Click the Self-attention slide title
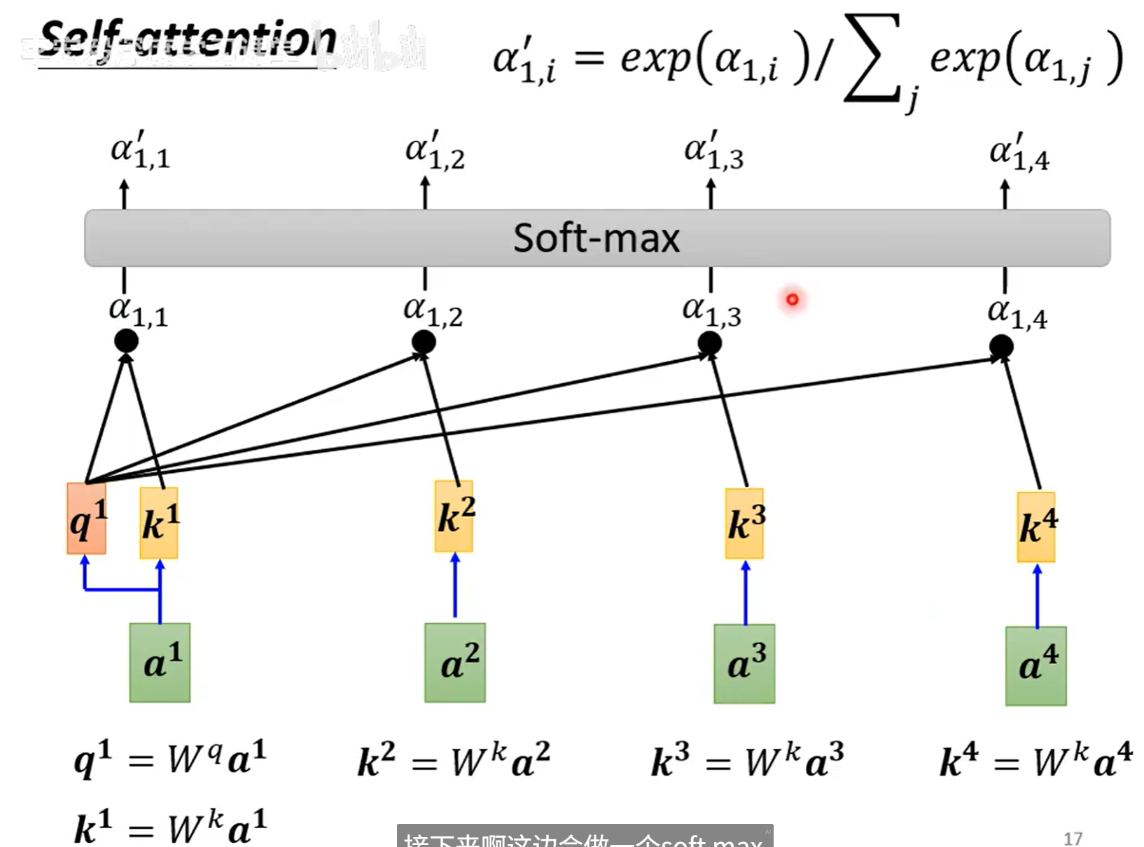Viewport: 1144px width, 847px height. coord(187,41)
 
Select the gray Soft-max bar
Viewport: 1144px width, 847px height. coord(597,237)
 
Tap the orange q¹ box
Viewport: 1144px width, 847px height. coord(87,518)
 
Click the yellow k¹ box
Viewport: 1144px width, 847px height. coord(159,523)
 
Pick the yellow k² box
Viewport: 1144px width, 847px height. coord(454,516)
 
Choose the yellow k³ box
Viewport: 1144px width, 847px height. coord(745,523)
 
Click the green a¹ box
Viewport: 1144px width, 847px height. coord(160,662)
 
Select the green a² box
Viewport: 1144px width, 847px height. coord(455,663)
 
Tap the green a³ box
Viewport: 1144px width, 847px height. coord(745,663)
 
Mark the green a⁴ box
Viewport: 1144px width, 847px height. coord(1036,666)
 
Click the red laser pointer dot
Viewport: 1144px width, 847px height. coord(793,300)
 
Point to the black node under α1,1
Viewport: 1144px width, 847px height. coord(126,341)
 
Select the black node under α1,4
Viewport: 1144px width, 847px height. coord(1001,345)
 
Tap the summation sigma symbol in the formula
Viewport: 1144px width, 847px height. coord(872,60)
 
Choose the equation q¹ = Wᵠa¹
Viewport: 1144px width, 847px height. coord(170,759)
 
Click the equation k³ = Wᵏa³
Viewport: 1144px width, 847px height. coord(747,762)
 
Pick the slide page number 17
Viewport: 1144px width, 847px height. coord(1073,838)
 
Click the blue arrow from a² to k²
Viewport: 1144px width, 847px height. coord(455,585)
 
